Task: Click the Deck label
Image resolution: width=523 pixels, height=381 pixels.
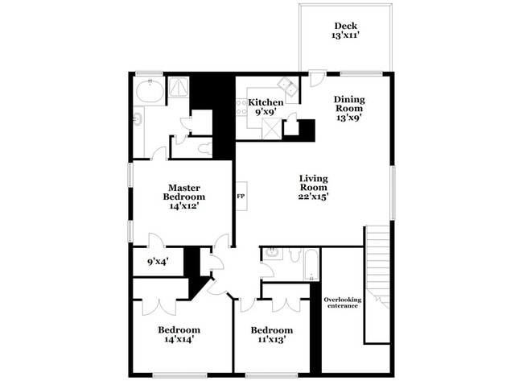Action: click(346, 24)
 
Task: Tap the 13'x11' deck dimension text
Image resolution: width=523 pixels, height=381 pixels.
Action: click(346, 36)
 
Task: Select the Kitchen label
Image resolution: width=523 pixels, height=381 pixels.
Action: click(265, 102)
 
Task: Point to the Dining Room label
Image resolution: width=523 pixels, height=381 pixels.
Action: click(349, 104)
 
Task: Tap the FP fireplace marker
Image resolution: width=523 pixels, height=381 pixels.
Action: click(241, 196)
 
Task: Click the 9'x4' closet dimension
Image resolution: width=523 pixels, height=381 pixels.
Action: click(158, 261)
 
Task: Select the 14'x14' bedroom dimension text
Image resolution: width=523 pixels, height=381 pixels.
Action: click(179, 340)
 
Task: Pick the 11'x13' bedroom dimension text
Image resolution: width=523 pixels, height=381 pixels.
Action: click(271, 340)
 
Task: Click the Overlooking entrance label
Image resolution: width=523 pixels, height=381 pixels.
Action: click(343, 303)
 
